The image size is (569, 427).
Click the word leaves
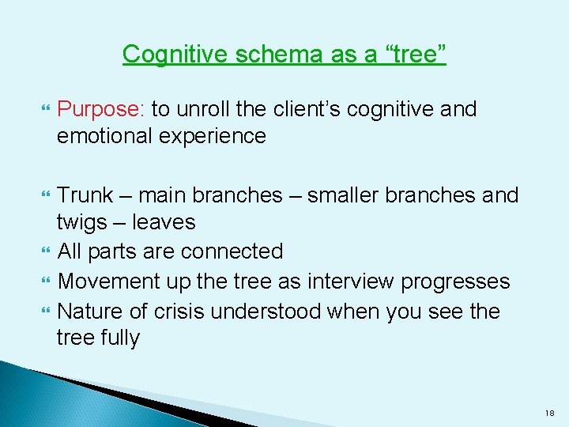(x=164, y=222)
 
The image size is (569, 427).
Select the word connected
(x=232, y=251)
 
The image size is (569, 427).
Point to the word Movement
(x=109, y=281)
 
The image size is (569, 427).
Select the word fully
(x=119, y=338)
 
